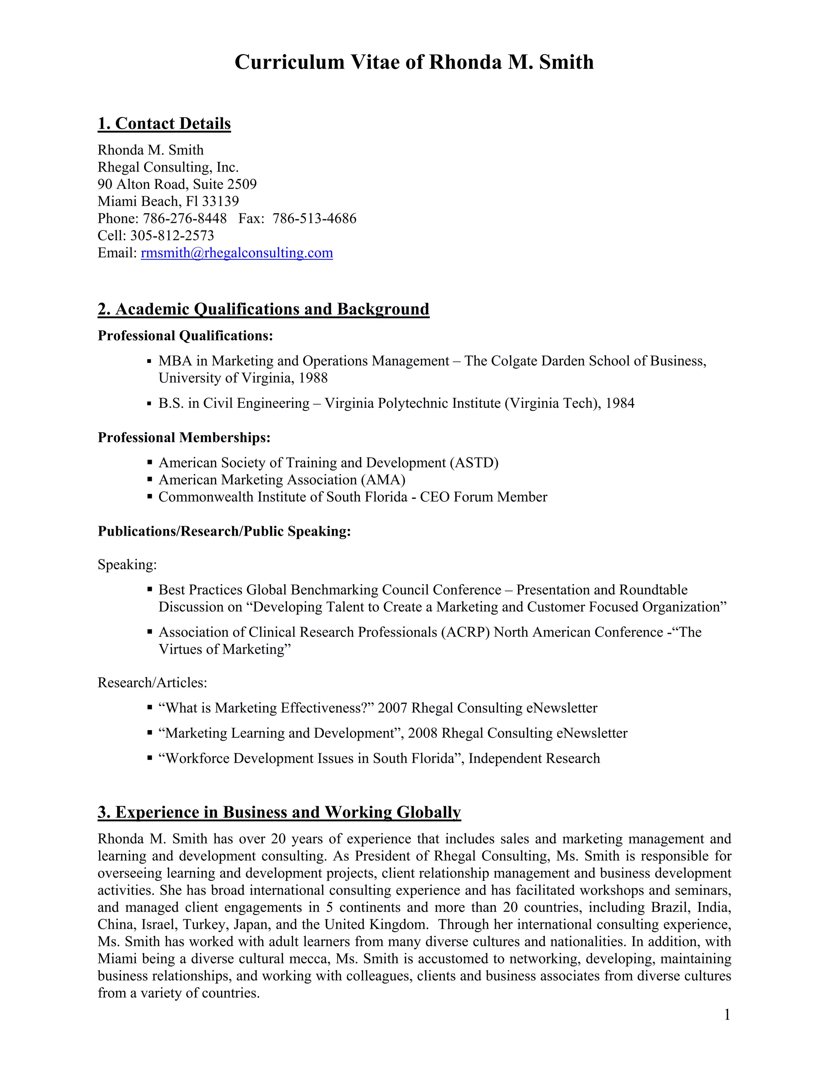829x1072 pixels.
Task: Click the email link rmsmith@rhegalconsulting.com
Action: pos(237,253)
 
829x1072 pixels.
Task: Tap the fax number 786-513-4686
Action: pos(314,218)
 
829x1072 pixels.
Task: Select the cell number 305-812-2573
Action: pos(172,235)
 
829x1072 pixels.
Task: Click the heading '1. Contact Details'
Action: pos(164,123)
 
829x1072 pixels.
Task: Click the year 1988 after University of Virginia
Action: pos(313,378)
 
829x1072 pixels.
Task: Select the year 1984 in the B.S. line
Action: pos(620,403)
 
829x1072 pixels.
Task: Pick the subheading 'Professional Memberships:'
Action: pos(184,437)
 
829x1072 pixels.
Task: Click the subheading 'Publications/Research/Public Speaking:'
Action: pos(224,531)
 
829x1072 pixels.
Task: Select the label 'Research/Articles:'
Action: pos(152,683)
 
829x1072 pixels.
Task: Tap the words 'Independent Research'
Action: pos(534,758)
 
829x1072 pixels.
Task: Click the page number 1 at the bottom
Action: pos(727,1015)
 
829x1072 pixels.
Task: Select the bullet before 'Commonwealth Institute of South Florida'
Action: pos(150,497)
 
